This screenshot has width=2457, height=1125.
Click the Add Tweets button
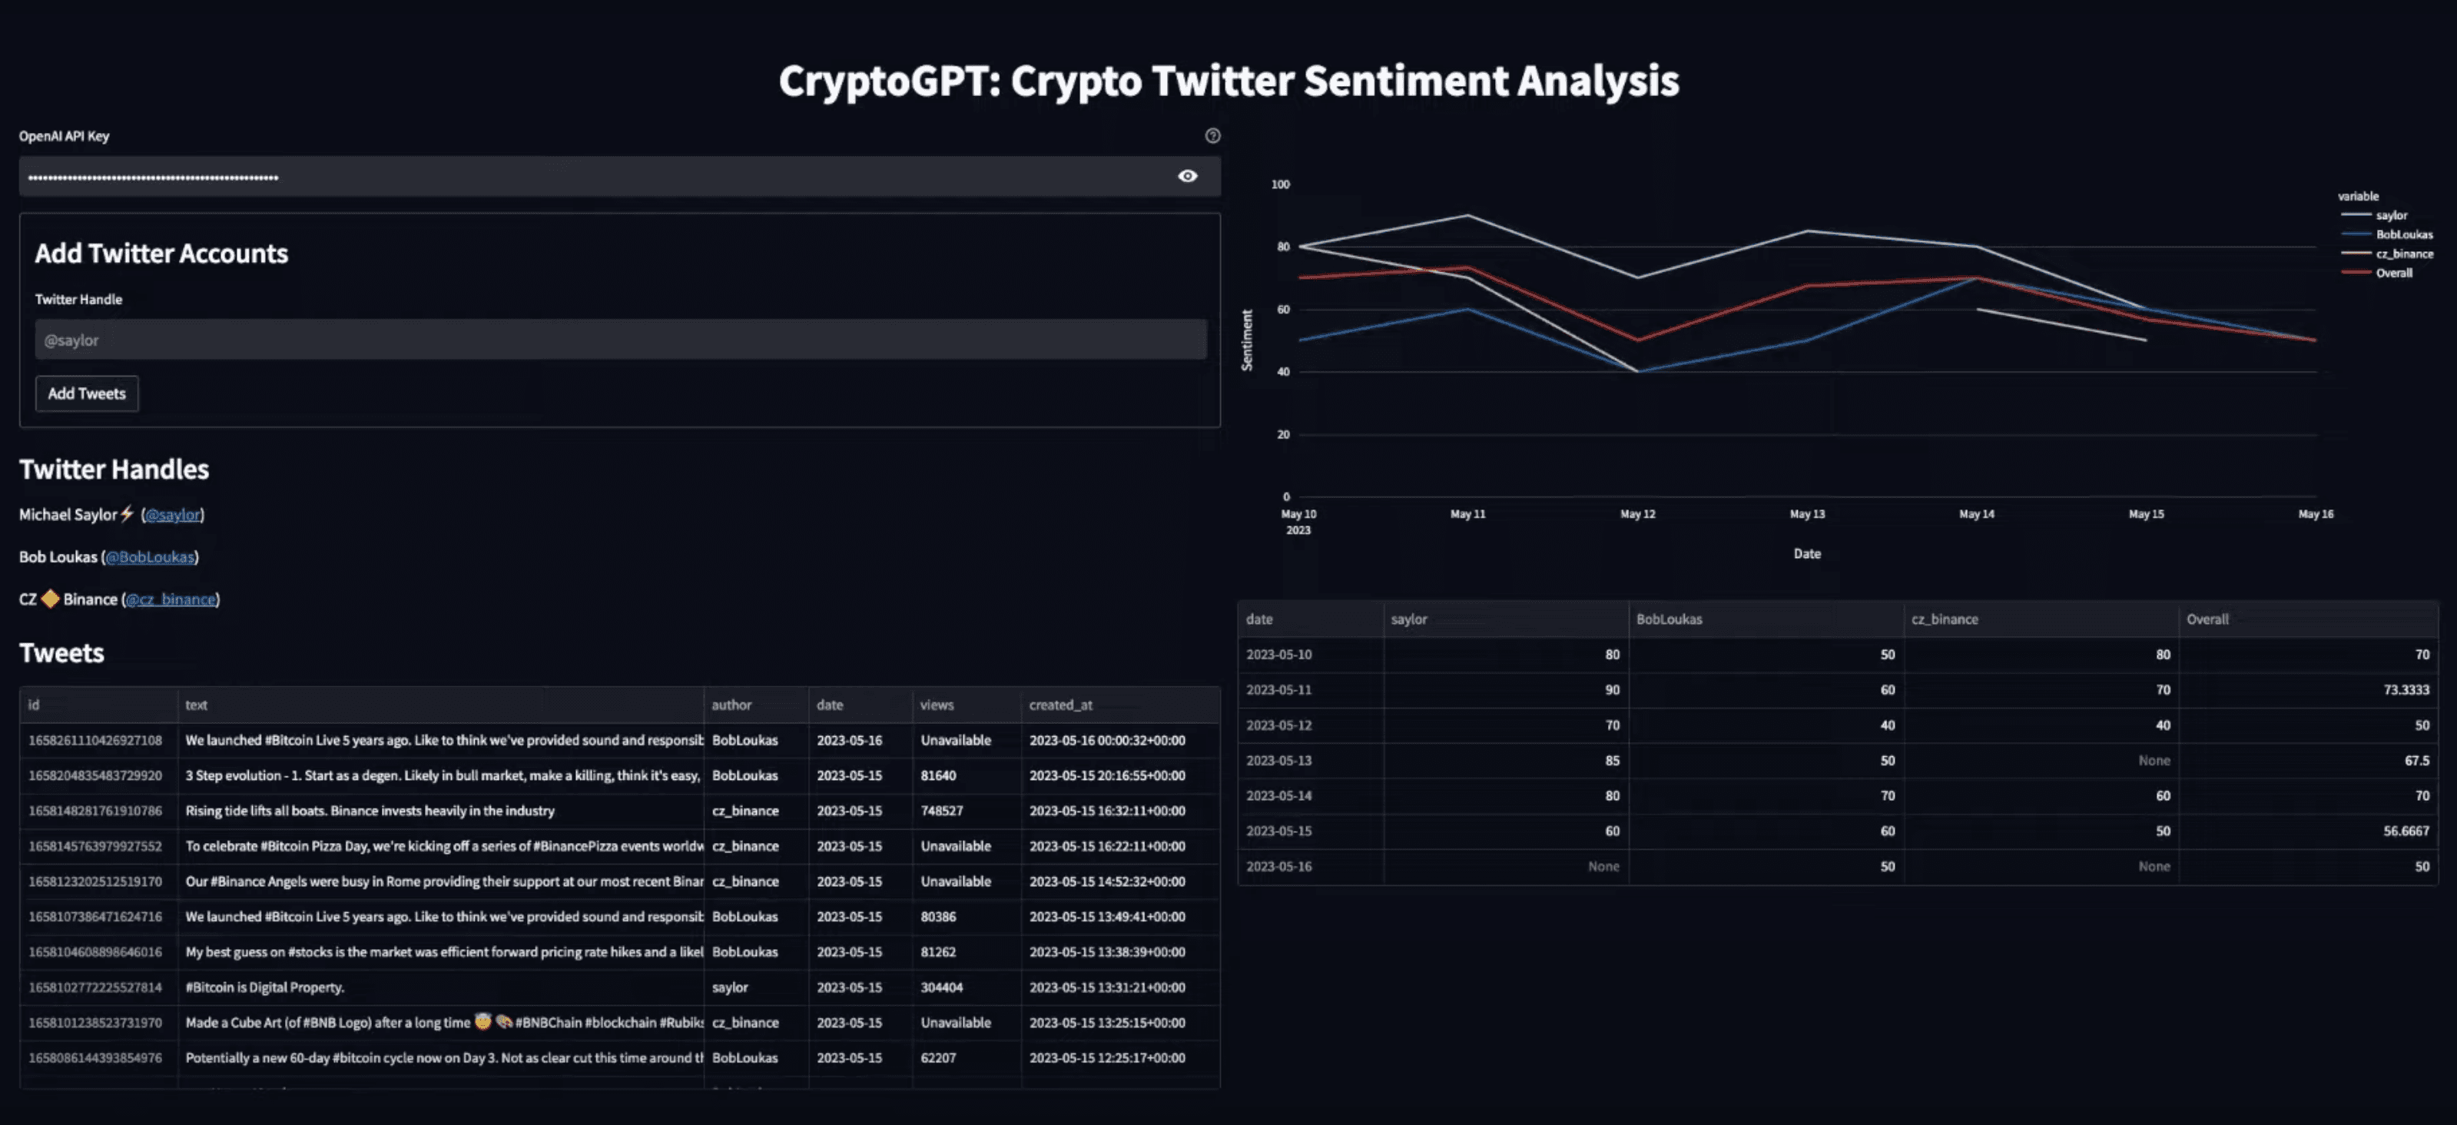pos(86,393)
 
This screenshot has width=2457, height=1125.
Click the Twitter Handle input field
pos(620,340)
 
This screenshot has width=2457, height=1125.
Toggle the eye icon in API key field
pos(1186,175)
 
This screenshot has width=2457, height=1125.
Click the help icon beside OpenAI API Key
pos(1212,135)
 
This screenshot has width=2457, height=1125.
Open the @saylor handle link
pos(173,514)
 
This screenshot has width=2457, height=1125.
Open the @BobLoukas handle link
pos(150,556)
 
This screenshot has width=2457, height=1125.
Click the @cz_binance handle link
pos(171,599)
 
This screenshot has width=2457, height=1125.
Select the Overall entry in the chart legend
pos(2393,273)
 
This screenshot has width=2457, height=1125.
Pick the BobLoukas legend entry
pos(2402,234)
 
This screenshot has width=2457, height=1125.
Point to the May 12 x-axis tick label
pos(1636,514)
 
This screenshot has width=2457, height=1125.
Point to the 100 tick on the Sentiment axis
pos(1280,184)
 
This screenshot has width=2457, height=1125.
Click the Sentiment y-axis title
pos(1245,340)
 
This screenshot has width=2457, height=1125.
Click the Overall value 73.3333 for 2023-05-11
pos(2406,690)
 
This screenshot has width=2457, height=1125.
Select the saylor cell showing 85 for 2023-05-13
pos(1611,761)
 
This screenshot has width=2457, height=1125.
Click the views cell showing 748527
pos(941,811)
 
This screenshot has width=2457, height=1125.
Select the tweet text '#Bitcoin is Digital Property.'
pos(265,987)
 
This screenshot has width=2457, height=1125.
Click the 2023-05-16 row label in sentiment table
pos(1278,866)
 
